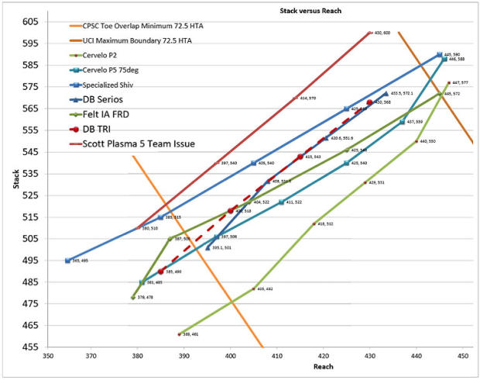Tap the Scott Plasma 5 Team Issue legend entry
[132, 143]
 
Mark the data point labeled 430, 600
[371, 33]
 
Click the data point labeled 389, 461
[180, 334]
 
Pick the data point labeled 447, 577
[449, 82]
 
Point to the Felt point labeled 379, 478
[133, 297]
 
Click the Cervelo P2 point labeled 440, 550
[417, 141]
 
